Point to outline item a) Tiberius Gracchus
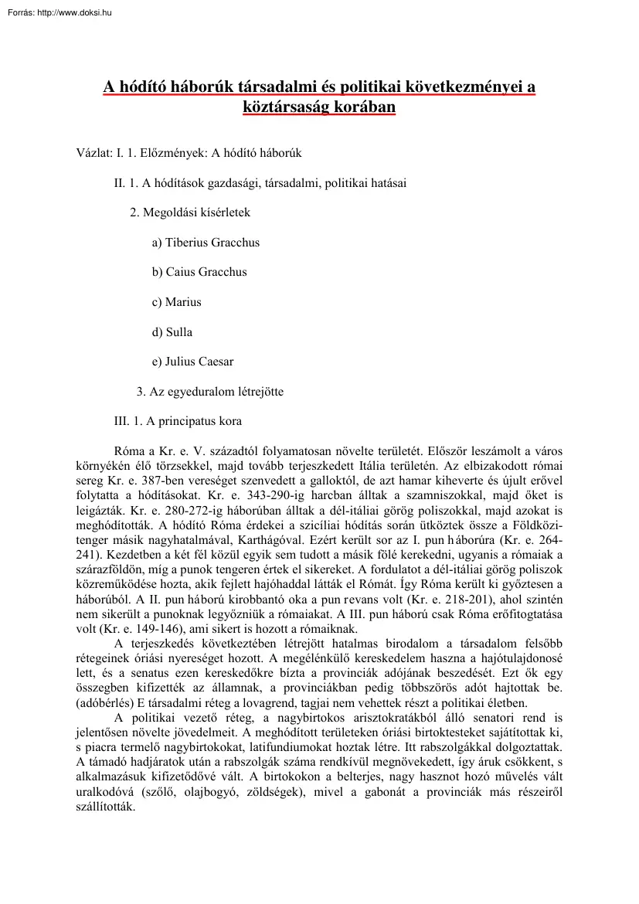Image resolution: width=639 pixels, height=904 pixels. click(x=206, y=242)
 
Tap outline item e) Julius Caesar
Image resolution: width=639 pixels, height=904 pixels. click(x=192, y=362)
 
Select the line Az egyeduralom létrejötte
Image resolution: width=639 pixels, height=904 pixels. click(x=209, y=392)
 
